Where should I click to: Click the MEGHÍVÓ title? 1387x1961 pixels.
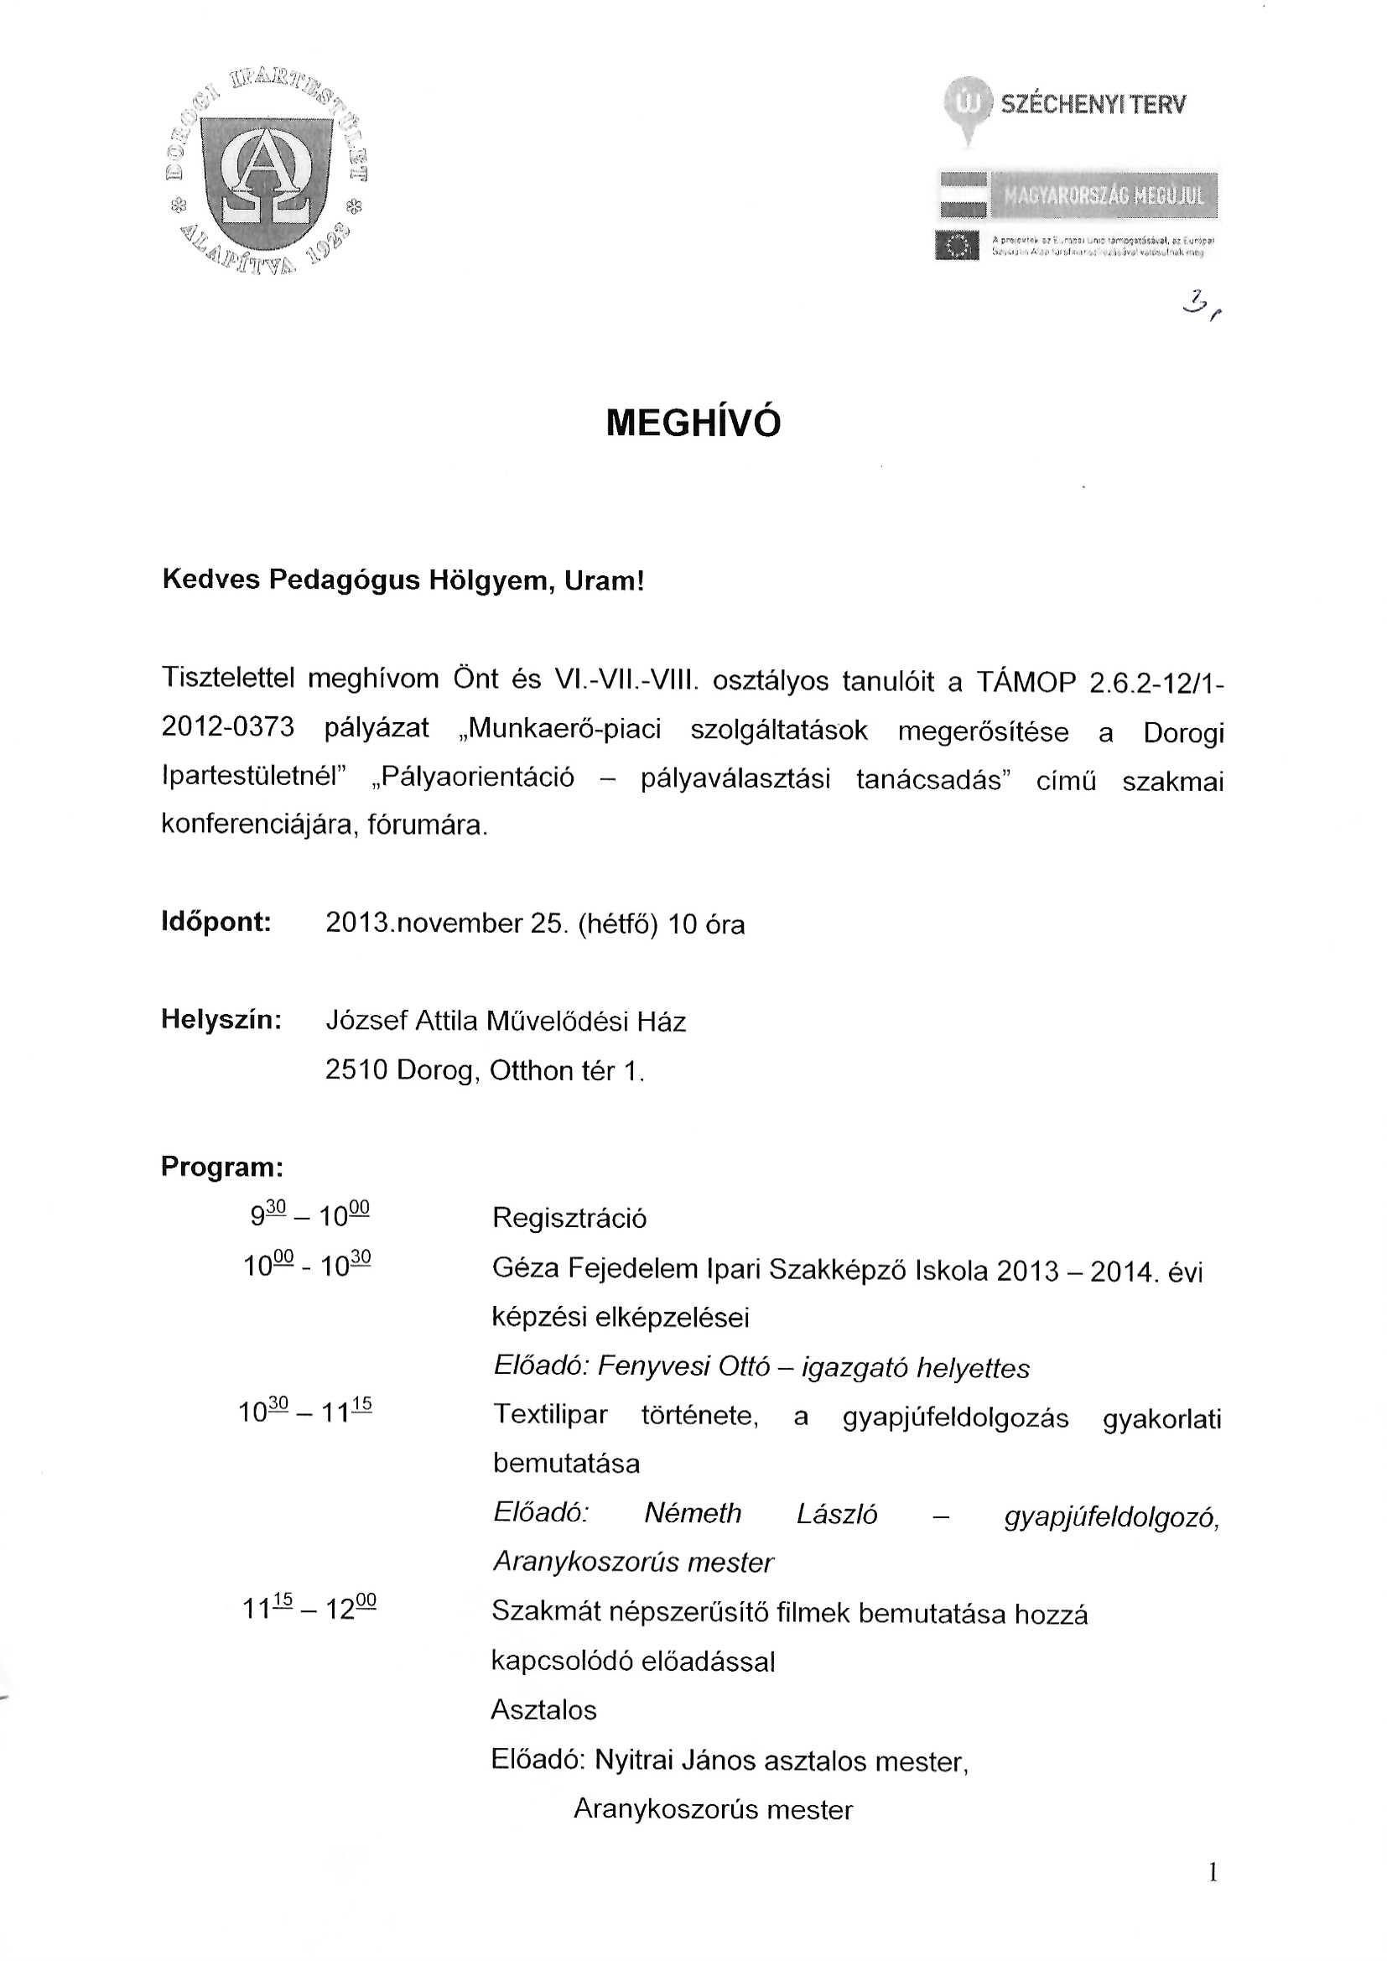tap(693, 423)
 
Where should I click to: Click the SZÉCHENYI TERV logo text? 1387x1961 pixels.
tap(1093, 105)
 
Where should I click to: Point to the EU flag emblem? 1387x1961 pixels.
tap(958, 246)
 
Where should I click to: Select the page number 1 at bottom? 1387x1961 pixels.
tap(1213, 1873)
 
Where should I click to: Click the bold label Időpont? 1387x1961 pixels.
tap(216, 923)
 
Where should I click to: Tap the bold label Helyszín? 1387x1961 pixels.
tap(221, 1020)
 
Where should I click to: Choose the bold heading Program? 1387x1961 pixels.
tap(222, 1167)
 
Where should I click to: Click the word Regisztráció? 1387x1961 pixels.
tap(569, 1218)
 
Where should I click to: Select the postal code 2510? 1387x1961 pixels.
tap(356, 1070)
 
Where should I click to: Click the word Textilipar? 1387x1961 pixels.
tap(550, 1414)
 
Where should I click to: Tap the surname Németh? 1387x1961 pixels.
tap(693, 1513)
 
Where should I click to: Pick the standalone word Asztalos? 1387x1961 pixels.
tap(543, 1710)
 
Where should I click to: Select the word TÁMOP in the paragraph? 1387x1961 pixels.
tap(1026, 683)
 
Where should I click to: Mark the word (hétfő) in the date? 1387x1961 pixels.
tap(617, 924)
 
